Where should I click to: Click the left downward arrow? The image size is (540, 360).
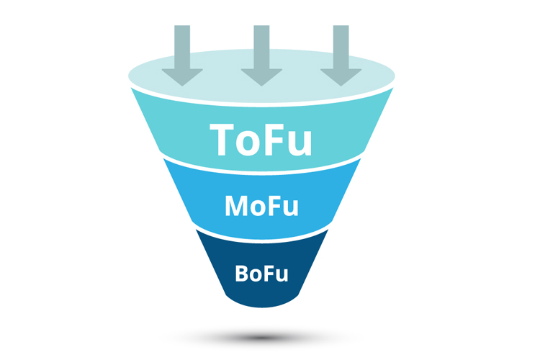(182, 55)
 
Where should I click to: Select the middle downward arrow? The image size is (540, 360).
(262, 55)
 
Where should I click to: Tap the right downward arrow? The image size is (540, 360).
(341, 55)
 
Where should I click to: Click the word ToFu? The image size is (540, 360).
(261, 140)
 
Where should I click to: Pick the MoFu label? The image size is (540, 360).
(261, 206)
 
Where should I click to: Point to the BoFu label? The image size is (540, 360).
(261, 274)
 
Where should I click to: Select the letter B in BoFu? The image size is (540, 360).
(242, 274)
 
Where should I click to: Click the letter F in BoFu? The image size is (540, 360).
(269, 274)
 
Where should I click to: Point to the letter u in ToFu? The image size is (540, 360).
(300, 144)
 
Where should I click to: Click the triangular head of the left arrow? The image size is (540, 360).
(182, 76)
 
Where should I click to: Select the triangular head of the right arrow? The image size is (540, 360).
(341, 76)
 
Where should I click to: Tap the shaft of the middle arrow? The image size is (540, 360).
(262, 47)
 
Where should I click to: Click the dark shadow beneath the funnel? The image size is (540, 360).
(261, 337)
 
